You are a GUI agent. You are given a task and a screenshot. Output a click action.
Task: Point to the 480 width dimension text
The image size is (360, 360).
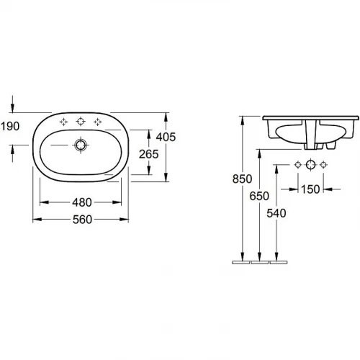point(81,202)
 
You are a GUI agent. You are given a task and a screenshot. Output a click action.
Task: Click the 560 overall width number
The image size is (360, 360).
point(81,220)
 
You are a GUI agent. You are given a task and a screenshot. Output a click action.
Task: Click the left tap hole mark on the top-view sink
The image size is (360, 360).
point(63,121)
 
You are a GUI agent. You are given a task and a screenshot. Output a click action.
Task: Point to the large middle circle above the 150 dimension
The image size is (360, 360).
point(311,166)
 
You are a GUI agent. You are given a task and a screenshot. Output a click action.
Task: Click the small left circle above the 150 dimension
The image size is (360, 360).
point(294,166)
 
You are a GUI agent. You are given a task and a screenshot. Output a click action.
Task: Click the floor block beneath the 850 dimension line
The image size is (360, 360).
point(240,263)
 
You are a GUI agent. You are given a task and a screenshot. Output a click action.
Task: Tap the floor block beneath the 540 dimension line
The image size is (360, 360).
point(278,263)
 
